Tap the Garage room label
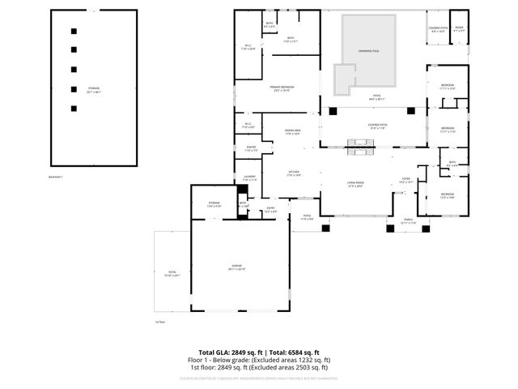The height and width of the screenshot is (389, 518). pos(237,267)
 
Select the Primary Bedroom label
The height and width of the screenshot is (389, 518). pos(282,88)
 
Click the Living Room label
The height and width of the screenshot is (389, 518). pos(355,185)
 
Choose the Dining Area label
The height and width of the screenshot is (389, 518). pos(293,131)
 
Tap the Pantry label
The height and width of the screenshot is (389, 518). pos(251,149)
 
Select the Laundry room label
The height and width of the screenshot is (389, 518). pos(248,178)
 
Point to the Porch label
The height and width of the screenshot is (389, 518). pos(402,221)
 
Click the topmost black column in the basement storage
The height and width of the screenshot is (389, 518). pos(74,31)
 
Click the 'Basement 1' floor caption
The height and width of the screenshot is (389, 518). pos(57,176)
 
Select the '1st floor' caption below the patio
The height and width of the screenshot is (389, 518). pos(159,322)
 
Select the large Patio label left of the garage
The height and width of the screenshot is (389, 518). pos(172,275)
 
